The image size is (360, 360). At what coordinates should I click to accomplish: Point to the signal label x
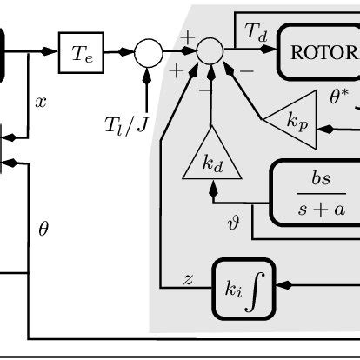tap(40, 102)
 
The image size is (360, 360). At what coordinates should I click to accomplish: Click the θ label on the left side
tap(44, 230)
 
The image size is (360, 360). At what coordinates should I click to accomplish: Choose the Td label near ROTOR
tap(250, 33)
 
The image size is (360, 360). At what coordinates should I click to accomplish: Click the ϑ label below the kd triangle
tap(232, 223)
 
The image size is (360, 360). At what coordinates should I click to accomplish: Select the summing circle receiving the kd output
tap(210, 53)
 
